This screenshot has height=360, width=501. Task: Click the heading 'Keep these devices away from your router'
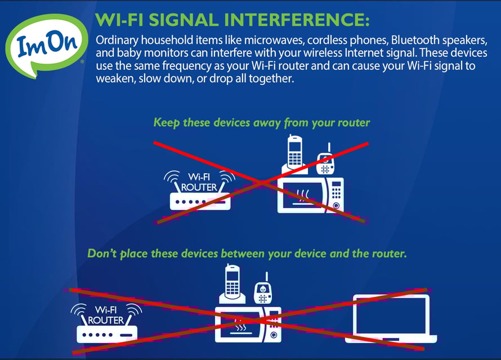pyautogui.click(x=262, y=123)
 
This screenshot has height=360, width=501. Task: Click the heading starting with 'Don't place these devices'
pyautogui.click(x=247, y=254)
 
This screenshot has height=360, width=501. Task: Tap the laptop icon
pyautogui.click(x=394, y=319)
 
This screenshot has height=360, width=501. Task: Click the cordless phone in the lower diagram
pyautogui.click(x=231, y=286)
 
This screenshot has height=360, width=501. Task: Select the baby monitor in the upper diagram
pyautogui.click(x=325, y=163)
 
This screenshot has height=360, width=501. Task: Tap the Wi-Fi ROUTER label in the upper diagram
pyautogui.click(x=198, y=182)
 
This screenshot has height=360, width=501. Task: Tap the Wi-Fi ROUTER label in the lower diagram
pyautogui.click(x=106, y=314)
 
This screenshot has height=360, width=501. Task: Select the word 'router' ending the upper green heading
pyautogui.click(x=353, y=123)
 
